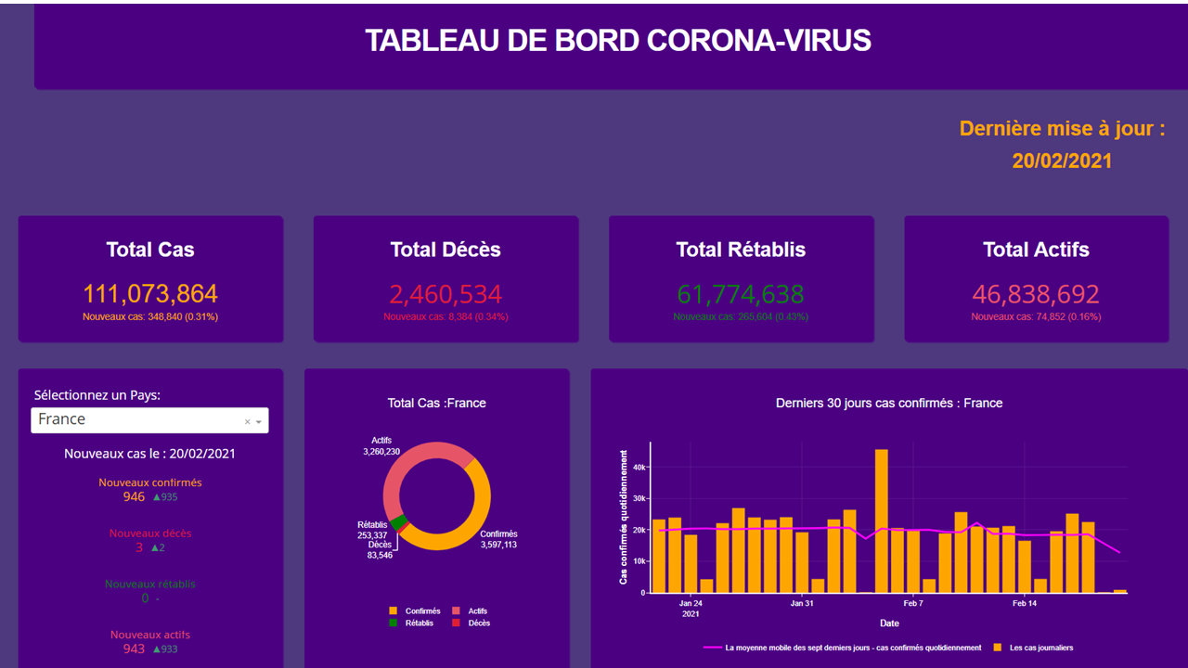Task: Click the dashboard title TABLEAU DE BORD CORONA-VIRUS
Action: click(x=617, y=41)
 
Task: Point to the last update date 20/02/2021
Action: click(x=1062, y=161)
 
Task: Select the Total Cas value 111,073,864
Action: click(x=150, y=294)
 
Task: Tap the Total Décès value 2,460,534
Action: click(x=445, y=294)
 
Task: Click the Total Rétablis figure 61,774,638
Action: click(x=741, y=294)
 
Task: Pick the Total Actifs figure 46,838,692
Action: click(x=1036, y=294)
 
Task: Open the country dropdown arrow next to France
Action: click(x=259, y=422)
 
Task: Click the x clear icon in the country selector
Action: click(x=247, y=422)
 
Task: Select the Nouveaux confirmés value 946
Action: click(x=134, y=497)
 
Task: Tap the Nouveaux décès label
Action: click(x=150, y=533)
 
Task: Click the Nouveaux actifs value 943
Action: click(x=134, y=649)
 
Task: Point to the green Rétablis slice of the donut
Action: click(x=398, y=523)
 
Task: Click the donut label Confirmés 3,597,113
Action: click(x=498, y=539)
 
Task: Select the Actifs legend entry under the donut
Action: click(x=477, y=611)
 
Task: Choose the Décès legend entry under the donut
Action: click(x=479, y=623)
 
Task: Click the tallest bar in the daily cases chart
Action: click(x=881, y=520)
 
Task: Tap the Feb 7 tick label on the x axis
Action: click(x=912, y=603)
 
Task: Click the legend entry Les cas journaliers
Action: click(x=1039, y=648)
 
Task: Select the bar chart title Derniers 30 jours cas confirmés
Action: click(x=888, y=404)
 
